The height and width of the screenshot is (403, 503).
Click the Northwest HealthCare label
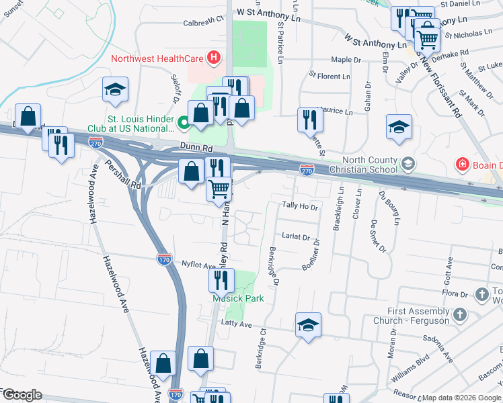point(157,58)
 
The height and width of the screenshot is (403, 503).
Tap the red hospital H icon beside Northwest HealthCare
point(214,58)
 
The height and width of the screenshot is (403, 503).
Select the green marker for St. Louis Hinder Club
point(183,123)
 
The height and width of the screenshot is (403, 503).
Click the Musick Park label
point(237,298)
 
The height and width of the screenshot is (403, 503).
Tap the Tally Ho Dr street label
point(300,206)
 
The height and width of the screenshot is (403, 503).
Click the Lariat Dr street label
point(297,237)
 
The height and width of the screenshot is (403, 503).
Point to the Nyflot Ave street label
point(198,265)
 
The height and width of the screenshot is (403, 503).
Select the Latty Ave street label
point(236,324)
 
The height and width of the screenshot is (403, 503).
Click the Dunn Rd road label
point(196,152)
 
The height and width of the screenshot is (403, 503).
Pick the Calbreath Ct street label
point(202,21)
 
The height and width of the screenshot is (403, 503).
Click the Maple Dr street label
point(346,59)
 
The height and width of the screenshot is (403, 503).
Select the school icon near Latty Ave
point(309,326)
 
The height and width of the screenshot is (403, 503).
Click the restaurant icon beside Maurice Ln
point(310,120)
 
